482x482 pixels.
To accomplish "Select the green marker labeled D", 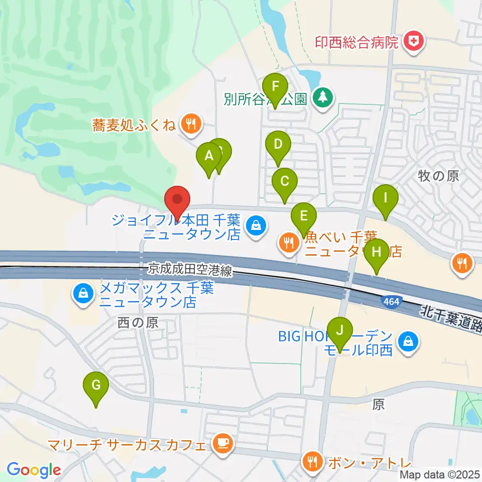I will pos(278,146).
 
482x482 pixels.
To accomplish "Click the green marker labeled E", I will pos(303,216).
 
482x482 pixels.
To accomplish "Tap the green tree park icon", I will pos(322,96).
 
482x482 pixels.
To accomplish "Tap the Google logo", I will pos(34,469).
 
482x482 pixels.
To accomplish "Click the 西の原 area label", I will pos(138,323).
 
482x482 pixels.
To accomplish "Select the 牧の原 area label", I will pos(438,176).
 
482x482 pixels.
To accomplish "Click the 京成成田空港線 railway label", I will pos(190,271).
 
